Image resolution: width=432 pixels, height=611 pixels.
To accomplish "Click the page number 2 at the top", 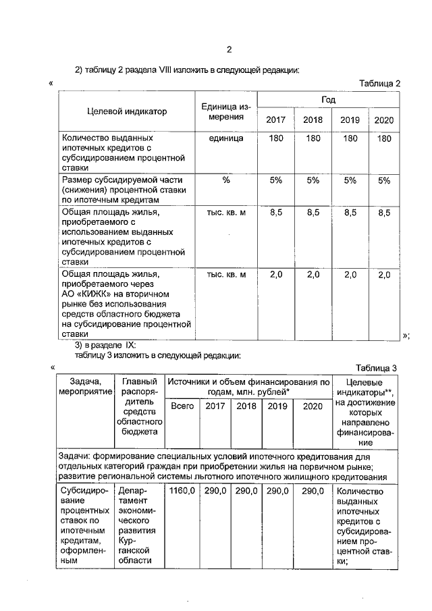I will click(x=229, y=49).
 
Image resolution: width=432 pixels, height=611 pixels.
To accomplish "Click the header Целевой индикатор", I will click(x=127, y=111).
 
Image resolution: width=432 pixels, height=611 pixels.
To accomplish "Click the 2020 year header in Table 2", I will click(x=383, y=120).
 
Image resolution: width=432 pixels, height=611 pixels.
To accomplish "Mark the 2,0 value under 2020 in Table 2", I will click(x=384, y=275).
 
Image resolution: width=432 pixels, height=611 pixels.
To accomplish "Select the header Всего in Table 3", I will click(x=182, y=406).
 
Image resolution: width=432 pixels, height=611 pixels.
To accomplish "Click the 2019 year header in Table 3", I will click(x=277, y=406).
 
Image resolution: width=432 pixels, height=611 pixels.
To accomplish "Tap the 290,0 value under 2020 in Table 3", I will click(x=313, y=491).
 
